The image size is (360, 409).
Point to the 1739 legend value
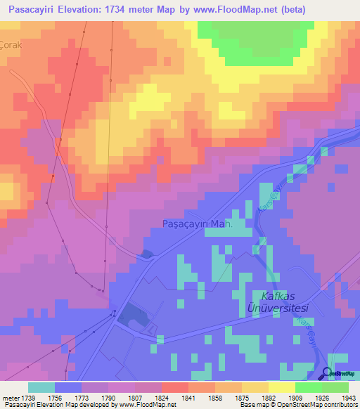tap(28, 398)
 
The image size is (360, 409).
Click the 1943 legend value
tap(349, 398)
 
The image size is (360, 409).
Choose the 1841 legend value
tap(188, 398)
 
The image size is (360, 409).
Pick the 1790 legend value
tap(108, 398)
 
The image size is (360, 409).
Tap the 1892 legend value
tap(269, 398)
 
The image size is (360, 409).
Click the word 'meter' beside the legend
tap(10, 398)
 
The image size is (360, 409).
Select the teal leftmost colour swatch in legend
tap(41, 387)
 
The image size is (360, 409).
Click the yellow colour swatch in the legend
tap(281, 387)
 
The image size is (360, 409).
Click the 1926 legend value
tap(322, 398)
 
